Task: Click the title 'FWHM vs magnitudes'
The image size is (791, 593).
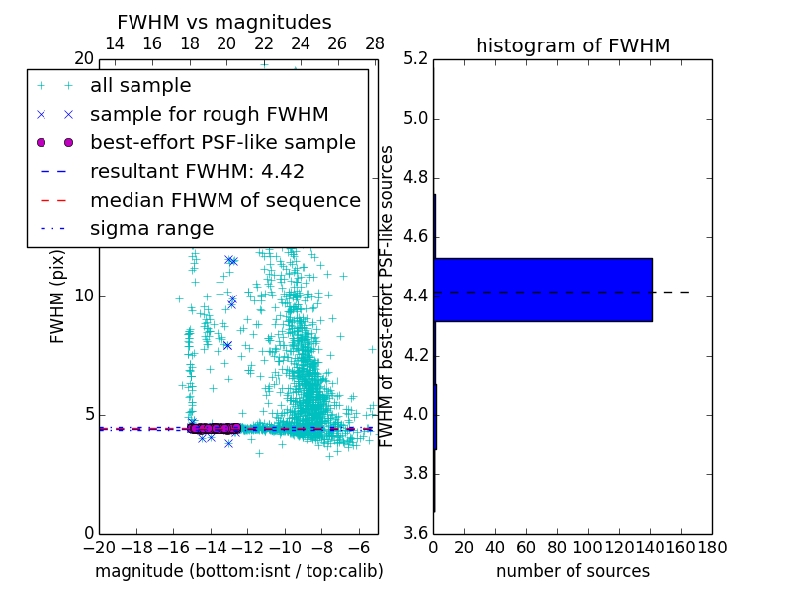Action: [224, 22]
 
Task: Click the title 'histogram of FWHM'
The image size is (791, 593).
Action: [572, 45]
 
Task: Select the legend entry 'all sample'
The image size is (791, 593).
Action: [140, 86]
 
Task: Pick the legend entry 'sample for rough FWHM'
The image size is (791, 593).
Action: [209, 114]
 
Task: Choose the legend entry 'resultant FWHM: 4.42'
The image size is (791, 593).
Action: [197, 171]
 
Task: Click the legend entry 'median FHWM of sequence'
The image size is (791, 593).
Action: [224, 200]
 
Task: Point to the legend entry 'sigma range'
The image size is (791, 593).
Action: [151, 228]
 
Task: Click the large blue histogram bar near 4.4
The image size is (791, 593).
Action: [543, 290]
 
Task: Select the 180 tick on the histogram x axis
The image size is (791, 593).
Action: [711, 548]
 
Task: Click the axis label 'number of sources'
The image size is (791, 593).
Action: [572, 571]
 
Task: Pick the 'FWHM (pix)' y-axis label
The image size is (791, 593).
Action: [58, 296]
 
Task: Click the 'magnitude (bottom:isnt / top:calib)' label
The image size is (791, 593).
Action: [238, 571]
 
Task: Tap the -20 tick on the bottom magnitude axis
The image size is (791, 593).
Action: [99, 548]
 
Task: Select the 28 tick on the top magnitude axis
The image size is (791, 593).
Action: [375, 43]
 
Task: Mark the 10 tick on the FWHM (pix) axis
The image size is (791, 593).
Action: [83, 296]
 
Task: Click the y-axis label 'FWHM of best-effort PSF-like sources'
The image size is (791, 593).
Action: [388, 296]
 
